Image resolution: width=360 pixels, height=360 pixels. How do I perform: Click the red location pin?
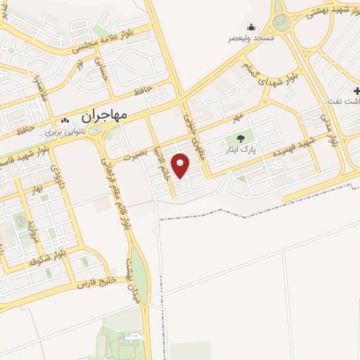[181, 165]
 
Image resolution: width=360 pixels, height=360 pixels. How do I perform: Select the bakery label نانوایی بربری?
[65, 131]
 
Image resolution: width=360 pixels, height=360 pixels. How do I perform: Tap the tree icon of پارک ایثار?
[240, 139]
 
